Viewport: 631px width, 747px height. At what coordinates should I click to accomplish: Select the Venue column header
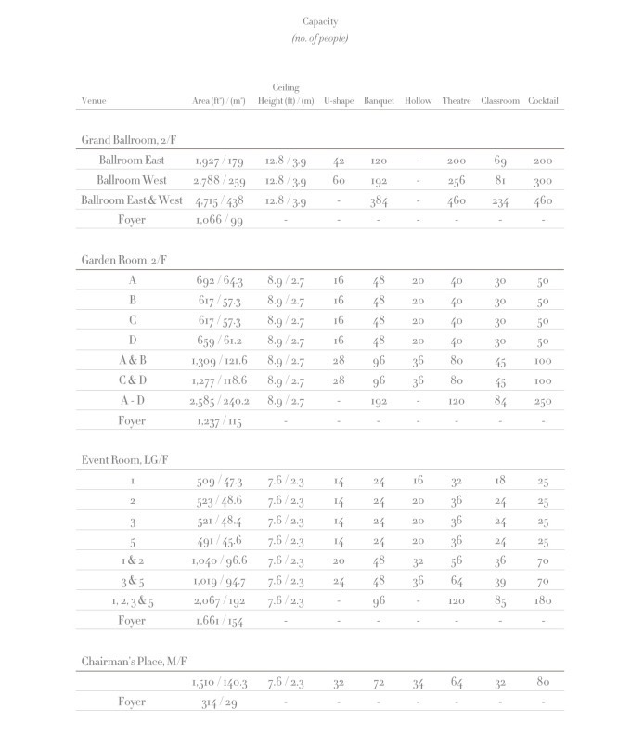[93, 100]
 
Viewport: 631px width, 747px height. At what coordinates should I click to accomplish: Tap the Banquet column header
[379, 100]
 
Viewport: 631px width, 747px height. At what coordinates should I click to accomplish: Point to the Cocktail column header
[544, 100]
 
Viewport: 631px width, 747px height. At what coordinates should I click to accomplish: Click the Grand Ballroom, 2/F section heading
[129, 140]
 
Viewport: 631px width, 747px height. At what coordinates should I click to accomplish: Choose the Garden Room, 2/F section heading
[124, 261]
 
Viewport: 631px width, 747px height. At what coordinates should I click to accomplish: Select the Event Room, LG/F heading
[124, 461]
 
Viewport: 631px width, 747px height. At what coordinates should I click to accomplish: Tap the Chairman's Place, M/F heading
[137, 662]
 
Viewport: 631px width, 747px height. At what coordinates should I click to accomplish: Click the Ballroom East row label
[132, 161]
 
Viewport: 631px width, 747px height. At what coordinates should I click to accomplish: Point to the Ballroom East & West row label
[132, 200]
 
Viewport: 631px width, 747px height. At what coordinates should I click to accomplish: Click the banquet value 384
[379, 201]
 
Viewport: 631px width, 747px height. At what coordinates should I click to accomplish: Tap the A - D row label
[132, 401]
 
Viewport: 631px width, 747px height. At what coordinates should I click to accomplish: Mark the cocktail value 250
[544, 401]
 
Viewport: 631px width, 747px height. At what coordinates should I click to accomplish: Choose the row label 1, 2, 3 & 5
[132, 601]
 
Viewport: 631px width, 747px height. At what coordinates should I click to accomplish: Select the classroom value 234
[499, 201]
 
